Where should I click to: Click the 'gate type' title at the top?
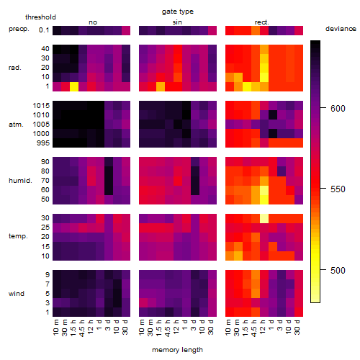pos(178,12)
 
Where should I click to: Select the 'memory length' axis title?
pos(177,350)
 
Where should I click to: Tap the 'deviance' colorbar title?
pos(341,29)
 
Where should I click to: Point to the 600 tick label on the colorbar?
pos(338,109)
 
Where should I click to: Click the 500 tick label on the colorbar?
pos(338,271)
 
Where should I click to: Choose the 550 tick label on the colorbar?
pos(338,189)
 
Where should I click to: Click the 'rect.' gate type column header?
pos(261,22)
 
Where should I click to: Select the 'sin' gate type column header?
pos(177,22)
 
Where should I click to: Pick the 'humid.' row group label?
pos(20,181)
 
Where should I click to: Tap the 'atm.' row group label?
pos(16,125)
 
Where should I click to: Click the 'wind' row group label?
pos(17,294)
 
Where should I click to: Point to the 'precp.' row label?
pos(19,29)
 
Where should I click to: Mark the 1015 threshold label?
pos(41,106)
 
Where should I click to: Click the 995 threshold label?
pos(43,143)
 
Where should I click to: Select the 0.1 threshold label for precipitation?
pos(44,30)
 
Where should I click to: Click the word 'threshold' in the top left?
pos(40,17)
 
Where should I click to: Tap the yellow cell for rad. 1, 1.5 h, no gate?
pos(74,86)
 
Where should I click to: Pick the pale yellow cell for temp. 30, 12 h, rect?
pos(264,219)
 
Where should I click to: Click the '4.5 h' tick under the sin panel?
pos(168,328)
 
